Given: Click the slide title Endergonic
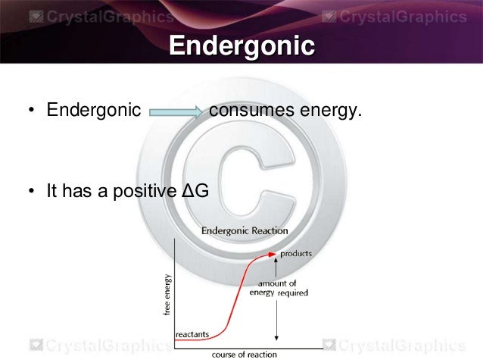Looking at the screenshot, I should tap(241, 47).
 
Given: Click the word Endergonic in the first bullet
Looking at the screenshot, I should tap(94, 111).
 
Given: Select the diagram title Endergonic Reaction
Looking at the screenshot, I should tap(244, 230).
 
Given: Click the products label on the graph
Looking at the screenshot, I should tap(296, 254).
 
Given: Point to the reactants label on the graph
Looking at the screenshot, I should tap(192, 333).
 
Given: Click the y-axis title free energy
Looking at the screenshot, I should tap(167, 295).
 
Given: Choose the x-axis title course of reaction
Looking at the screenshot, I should tap(243, 354).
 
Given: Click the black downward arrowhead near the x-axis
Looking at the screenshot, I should tap(277, 337).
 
